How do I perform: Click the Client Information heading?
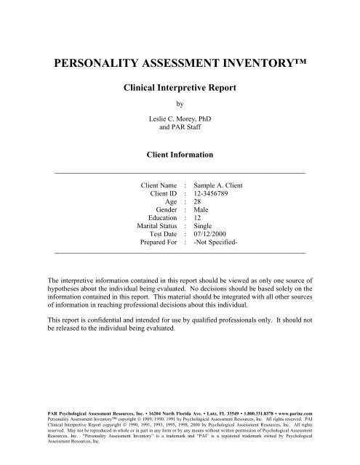[x=180, y=154]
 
